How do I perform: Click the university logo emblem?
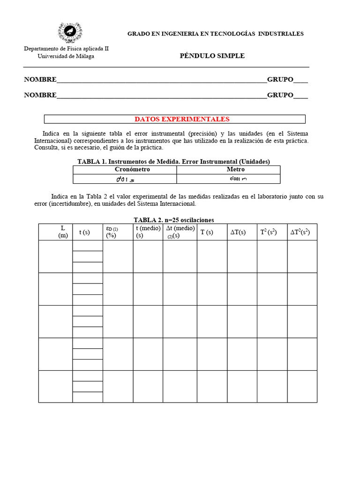[x=70, y=32]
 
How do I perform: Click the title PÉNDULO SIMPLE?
[x=212, y=56]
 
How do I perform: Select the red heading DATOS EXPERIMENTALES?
[x=182, y=119]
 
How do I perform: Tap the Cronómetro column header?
[x=125, y=169]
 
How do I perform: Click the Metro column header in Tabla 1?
[x=235, y=169]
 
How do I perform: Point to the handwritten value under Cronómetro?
[x=125, y=180]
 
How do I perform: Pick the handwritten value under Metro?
[x=239, y=179]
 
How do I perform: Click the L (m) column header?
[x=63, y=232]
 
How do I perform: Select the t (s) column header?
[x=84, y=232]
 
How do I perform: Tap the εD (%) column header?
[x=112, y=232]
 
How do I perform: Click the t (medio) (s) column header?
[x=148, y=232]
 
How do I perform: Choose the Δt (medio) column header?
[x=180, y=232]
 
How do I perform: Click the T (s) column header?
[x=207, y=232]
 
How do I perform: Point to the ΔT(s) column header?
[x=238, y=232]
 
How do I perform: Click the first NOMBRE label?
[x=40, y=80]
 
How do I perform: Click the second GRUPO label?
[x=280, y=95]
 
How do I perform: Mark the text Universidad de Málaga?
[x=66, y=56]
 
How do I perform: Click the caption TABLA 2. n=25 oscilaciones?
[x=174, y=220]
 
